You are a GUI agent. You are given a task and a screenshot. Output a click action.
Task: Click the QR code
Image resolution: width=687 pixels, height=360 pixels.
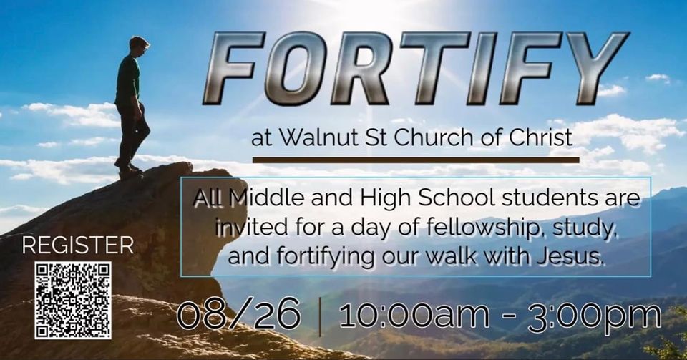(73, 300)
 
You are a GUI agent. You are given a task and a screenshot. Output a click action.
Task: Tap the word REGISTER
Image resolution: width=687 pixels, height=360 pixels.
(78, 245)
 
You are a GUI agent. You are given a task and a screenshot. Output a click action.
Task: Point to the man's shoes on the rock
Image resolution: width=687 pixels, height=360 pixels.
(128, 170)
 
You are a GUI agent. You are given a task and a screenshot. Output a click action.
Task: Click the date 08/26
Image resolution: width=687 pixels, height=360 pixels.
(239, 313)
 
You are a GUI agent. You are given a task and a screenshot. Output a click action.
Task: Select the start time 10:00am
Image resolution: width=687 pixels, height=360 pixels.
(414, 314)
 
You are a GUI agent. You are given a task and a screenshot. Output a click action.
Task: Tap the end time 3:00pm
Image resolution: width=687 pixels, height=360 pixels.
(595, 316)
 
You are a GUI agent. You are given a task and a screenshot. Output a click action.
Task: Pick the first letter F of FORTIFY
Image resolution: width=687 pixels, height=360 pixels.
(235, 67)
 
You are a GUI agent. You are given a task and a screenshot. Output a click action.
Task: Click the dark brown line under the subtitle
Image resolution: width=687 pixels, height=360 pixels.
(416, 160)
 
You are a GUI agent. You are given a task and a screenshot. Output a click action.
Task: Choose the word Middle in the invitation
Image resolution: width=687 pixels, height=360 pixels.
(266, 198)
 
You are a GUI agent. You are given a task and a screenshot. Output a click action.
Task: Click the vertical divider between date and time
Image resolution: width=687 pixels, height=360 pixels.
(321, 316)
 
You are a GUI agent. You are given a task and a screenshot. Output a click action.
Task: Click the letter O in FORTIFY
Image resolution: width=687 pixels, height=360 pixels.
(298, 68)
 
